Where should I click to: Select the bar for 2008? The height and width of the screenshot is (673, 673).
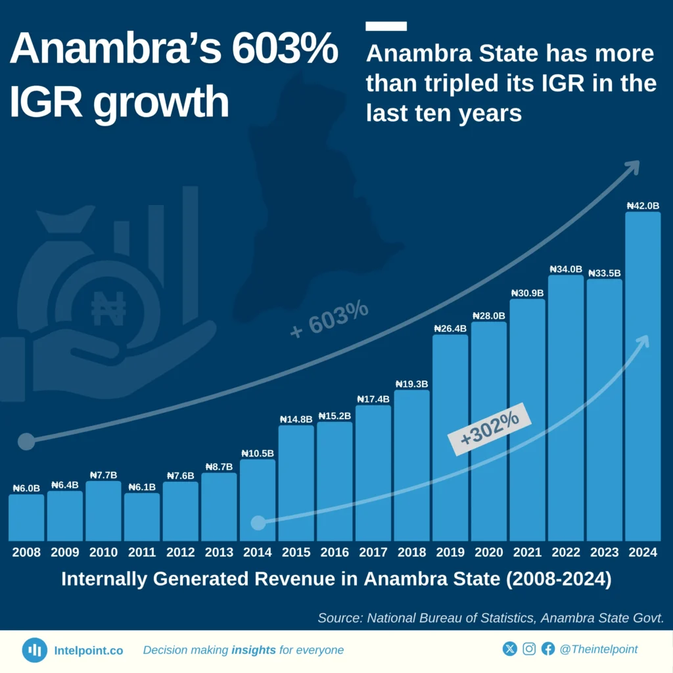(x=26, y=517)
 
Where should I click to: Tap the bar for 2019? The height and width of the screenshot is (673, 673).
(x=450, y=437)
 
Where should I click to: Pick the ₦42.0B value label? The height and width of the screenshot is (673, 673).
(x=642, y=206)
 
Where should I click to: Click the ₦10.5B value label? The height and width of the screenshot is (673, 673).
(x=258, y=453)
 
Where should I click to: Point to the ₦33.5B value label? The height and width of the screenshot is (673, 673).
(x=604, y=273)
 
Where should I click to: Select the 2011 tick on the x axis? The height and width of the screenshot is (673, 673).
(x=142, y=553)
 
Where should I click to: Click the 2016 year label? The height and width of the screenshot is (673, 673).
(x=335, y=553)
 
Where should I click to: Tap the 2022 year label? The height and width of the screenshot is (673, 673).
(x=565, y=553)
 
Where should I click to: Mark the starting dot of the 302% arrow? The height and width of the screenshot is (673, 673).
(x=258, y=522)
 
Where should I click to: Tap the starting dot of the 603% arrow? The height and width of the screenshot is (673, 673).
(x=26, y=441)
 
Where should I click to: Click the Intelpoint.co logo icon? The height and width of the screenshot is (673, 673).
(x=34, y=650)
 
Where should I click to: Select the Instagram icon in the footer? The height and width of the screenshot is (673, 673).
(x=529, y=649)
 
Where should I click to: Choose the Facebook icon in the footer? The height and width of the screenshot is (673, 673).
(x=547, y=649)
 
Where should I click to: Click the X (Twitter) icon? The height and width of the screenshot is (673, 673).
(x=510, y=649)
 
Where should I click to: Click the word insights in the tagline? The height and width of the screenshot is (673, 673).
(x=254, y=650)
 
